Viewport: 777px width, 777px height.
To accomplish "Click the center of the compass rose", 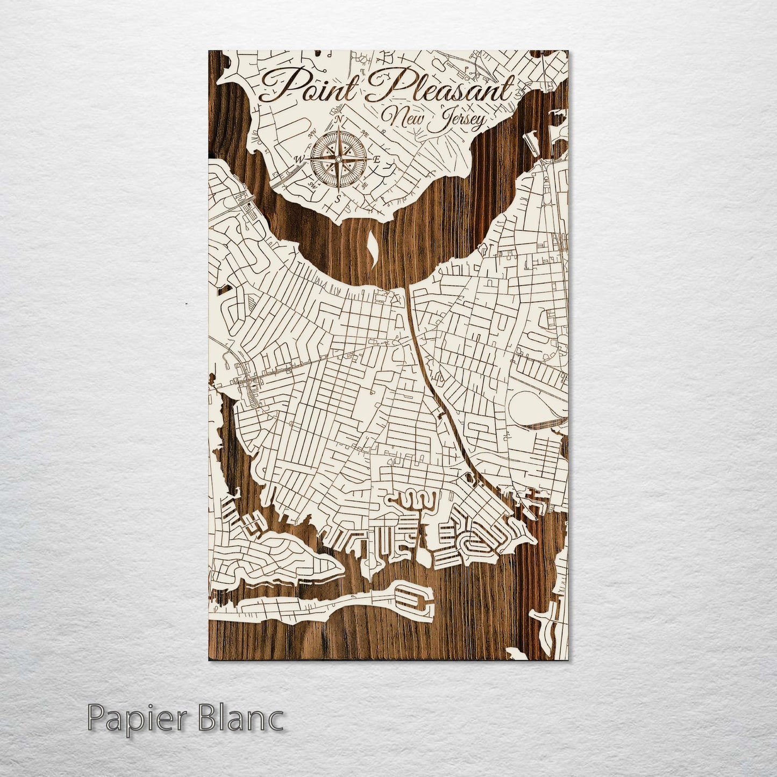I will pyautogui.click(x=338, y=159).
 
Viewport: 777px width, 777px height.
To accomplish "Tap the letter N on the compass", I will pyautogui.click(x=338, y=119).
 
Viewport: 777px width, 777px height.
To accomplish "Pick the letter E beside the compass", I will pyautogui.click(x=377, y=159).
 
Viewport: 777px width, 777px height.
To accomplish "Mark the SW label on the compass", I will pyautogui.click(x=311, y=184).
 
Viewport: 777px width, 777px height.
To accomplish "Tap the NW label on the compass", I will pyautogui.click(x=311, y=134).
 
